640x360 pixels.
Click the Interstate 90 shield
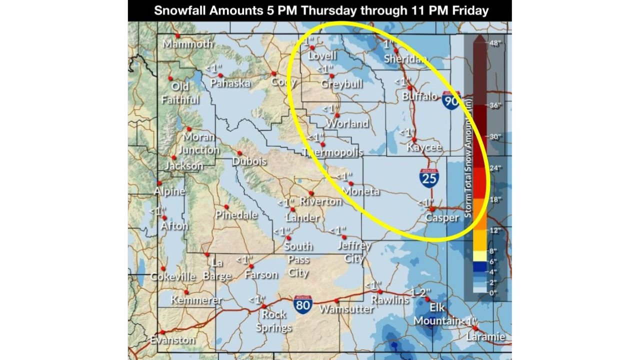tap(451, 101)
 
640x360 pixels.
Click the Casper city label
tap(441, 218)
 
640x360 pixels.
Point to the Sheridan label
tap(405, 59)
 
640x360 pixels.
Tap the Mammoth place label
tap(187, 44)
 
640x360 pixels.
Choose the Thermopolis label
tap(332, 152)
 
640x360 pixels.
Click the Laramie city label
tap(485, 336)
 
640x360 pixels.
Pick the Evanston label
tap(172, 340)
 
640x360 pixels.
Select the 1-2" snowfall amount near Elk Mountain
tap(420, 291)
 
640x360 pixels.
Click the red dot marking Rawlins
tap(379, 291)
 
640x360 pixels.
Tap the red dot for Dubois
tap(239, 153)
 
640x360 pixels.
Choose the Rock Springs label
tap(273, 321)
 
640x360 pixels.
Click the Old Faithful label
tap(180, 93)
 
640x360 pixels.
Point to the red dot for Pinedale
tap(226, 206)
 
